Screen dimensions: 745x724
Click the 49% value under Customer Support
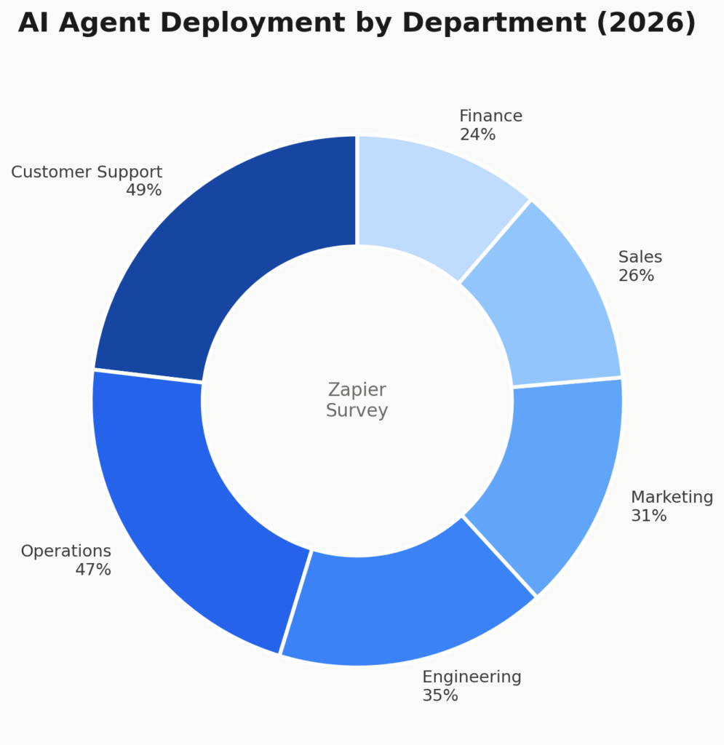[143, 191]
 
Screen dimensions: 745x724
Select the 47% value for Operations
[93, 570]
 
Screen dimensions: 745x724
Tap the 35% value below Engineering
[440, 696]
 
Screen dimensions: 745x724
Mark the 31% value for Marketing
[648, 516]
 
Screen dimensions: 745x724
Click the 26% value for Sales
[636, 276]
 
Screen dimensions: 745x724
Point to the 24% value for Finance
[477, 135]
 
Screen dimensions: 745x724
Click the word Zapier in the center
[357, 391]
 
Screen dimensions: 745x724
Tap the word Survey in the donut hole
[357, 411]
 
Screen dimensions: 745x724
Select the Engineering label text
[472, 677]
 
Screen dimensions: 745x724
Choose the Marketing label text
[672, 498]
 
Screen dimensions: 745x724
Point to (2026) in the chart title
[646, 23]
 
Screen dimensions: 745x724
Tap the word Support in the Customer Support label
[132, 172]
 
